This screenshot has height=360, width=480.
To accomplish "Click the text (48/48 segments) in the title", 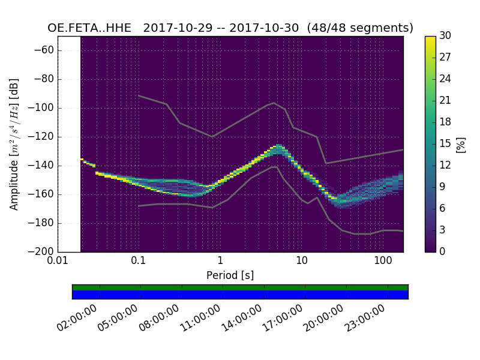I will pyautogui.click(x=368, y=28).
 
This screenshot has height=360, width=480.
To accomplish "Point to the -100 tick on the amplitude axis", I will pyautogui.click(x=43, y=108).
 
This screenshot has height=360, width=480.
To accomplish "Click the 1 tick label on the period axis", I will pyautogui.click(x=220, y=261).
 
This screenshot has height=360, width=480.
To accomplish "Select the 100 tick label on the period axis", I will pyautogui.click(x=383, y=261).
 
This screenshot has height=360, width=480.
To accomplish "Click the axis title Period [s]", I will pyautogui.click(x=230, y=275).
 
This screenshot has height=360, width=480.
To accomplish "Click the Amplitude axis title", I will pyautogui.click(x=14, y=144).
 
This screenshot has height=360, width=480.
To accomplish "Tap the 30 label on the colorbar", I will pyautogui.click(x=445, y=36).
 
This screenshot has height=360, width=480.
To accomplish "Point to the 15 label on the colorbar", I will pyautogui.click(x=445, y=144).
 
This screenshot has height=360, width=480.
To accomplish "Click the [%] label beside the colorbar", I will pyautogui.click(x=461, y=144).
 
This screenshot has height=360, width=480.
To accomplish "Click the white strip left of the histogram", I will pyautogui.click(x=69, y=144).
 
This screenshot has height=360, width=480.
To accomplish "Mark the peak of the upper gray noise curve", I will pyautogui.click(x=274, y=103).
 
